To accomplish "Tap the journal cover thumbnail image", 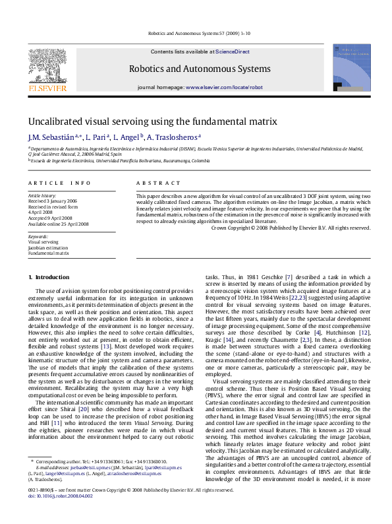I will click(x=351, y=67).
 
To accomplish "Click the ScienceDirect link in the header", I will click(x=233, y=51).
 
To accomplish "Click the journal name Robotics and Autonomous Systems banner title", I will click(x=200, y=69).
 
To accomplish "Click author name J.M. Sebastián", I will click(x=50, y=137).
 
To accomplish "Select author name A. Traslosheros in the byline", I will click(x=171, y=137).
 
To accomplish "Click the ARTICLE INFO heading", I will click(x=59, y=182).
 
